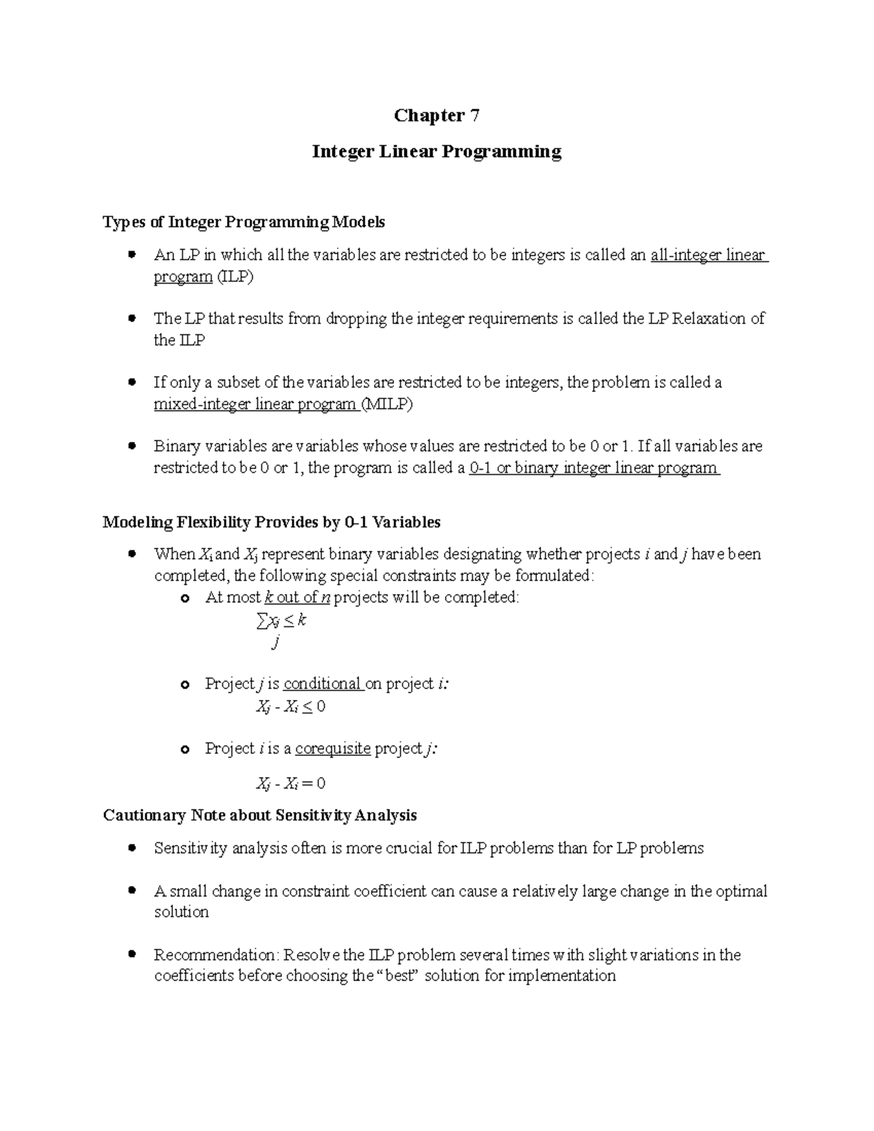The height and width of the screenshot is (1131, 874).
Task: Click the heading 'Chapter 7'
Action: tap(436, 116)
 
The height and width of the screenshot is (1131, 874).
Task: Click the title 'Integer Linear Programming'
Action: tap(436, 151)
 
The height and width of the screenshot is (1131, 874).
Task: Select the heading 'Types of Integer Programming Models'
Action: tap(244, 221)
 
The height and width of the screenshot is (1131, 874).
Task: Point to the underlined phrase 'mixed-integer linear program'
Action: tap(255, 404)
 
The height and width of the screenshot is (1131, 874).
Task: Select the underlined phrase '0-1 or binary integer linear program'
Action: tap(594, 468)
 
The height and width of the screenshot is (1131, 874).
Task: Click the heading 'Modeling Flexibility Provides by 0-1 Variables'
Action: tap(272, 522)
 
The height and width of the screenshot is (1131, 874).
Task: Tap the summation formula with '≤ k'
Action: tap(281, 622)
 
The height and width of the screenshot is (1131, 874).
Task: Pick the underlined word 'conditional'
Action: tap(323, 684)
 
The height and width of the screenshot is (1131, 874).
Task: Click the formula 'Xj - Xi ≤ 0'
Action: tap(291, 706)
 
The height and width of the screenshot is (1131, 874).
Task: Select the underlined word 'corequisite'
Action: tap(333, 749)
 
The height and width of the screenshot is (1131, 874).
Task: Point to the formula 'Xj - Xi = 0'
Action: tap(291, 784)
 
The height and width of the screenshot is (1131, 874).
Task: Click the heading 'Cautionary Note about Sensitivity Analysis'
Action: tap(260, 815)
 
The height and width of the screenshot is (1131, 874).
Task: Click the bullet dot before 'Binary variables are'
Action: tap(132, 445)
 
